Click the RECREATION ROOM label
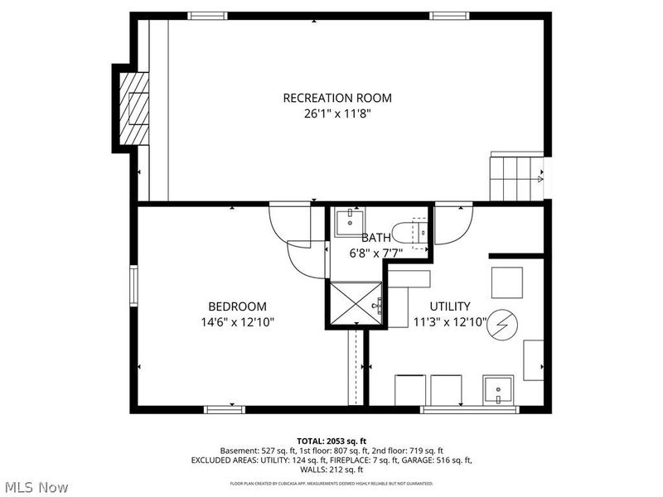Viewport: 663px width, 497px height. pos(337,98)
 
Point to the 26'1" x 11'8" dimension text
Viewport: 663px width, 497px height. pos(337,114)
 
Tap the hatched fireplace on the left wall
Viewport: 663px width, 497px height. pos(133,108)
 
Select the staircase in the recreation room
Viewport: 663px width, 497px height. pos(515,176)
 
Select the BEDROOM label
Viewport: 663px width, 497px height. pos(237,306)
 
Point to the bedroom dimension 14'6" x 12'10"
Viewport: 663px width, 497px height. pos(237,322)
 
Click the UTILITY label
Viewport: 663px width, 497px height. pos(450,306)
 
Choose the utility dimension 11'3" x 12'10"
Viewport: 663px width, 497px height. pos(450,322)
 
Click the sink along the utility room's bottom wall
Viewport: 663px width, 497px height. pos(499,388)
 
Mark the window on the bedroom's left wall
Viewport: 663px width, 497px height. pos(133,286)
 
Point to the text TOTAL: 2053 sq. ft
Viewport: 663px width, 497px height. pos(331,440)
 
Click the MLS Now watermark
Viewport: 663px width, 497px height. pos(36,486)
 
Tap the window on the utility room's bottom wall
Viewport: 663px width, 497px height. pos(457,409)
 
